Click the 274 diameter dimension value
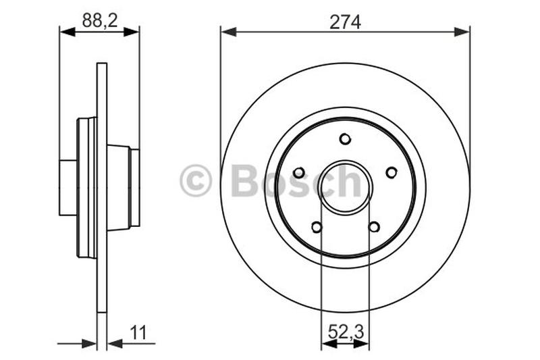coord(345,22)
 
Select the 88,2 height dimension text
coord(99,20)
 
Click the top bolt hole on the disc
coord(345,139)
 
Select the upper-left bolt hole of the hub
coord(299,173)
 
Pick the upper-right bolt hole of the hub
coord(391,173)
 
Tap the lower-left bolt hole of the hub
coord(317,227)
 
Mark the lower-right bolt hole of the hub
coord(374,227)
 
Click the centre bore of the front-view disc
coord(345,186)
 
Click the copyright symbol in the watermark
coord(196,182)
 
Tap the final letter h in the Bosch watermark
coord(350,181)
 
